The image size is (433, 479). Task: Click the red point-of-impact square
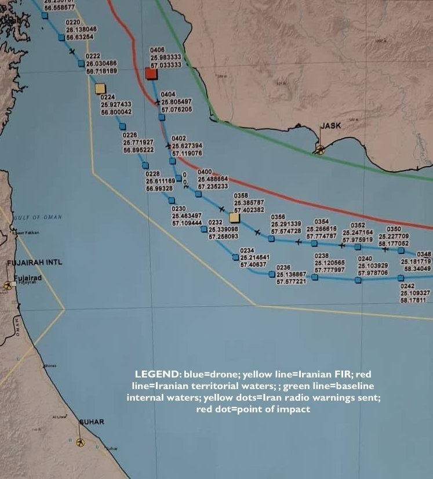(151, 74)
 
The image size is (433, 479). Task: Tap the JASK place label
(330, 125)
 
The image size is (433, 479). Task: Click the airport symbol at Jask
(318, 149)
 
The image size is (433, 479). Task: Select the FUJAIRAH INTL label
(26, 263)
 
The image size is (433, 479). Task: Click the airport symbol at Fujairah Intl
(8, 285)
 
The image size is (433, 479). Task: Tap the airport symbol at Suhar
(80, 442)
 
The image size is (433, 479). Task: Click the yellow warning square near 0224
(100, 88)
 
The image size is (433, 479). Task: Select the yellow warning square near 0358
(234, 217)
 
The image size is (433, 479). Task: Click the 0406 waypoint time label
(158, 51)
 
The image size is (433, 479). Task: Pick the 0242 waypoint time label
(407, 286)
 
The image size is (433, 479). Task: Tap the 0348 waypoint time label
(424, 254)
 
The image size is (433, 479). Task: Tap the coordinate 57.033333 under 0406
(166, 66)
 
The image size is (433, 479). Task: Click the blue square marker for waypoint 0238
(315, 277)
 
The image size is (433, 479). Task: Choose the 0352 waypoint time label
(358, 225)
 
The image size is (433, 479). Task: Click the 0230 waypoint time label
(179, 208)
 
